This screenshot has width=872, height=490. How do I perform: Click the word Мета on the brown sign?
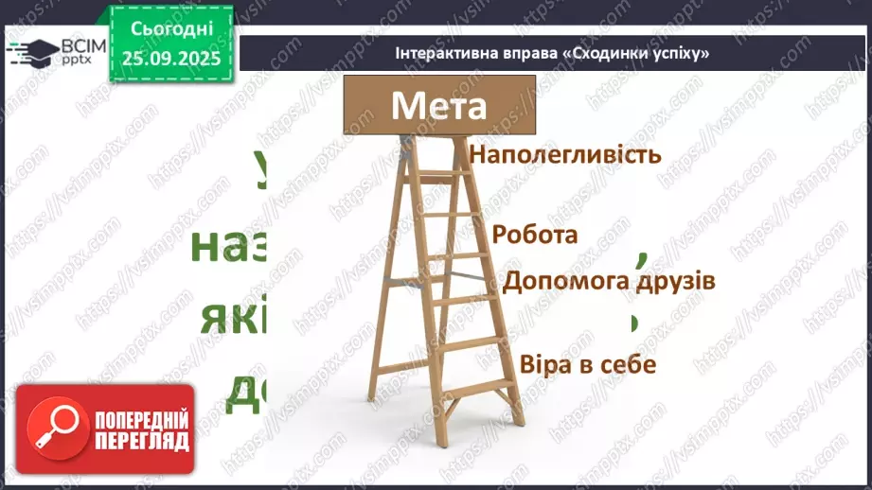click(x=438, y=104)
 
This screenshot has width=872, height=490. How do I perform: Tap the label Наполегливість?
click(x=564, y=154)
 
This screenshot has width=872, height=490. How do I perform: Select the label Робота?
click(x=535, y=235)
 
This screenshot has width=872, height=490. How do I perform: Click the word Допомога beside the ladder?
click(x=560, y=281)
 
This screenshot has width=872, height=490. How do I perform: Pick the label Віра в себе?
click(x=588, y=364)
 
